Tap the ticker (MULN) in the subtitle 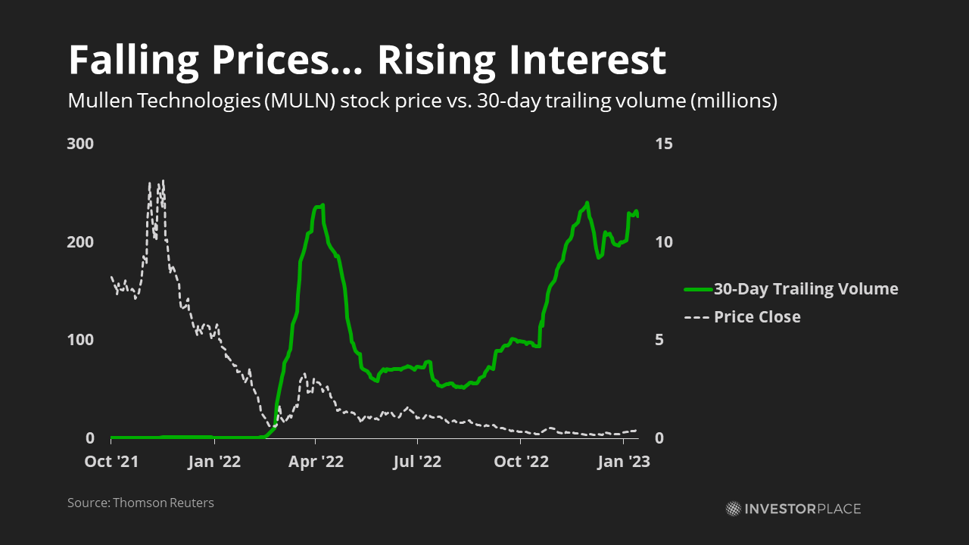[x=298, y=101]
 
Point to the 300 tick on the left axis [x=80, y=144]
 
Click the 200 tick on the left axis [x=80, y=242]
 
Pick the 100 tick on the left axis [x=80, y=340]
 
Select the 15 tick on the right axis [x=663, y=144]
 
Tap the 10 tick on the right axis [x=663, y=242]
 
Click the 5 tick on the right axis [x=659, y=340]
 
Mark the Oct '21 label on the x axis [x=111, y=461]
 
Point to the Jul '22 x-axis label [x=417, y=461]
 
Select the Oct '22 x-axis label [x=519, y=461]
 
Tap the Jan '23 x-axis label [x=622, y=461]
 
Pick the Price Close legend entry [x=757, y=316]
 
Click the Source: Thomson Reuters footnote [x=141, y=503]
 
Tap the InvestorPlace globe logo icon [x=733, y=509]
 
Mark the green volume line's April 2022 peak [x=321, y=205]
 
